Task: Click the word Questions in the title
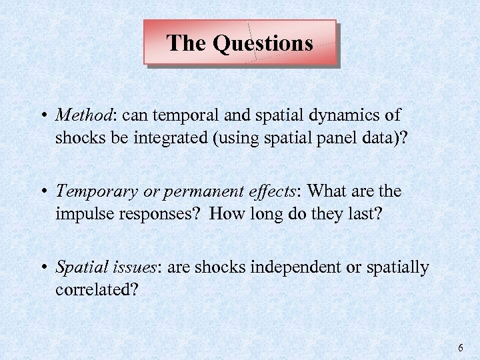coord(263,43)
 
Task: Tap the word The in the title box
coord(187,43)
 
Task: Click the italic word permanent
coord(185,192)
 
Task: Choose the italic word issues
coord(131,268)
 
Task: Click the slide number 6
coord(460,348)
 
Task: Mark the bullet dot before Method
coord(43,116)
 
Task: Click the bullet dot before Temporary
coord(43,192)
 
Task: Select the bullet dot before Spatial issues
coord(43,268)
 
